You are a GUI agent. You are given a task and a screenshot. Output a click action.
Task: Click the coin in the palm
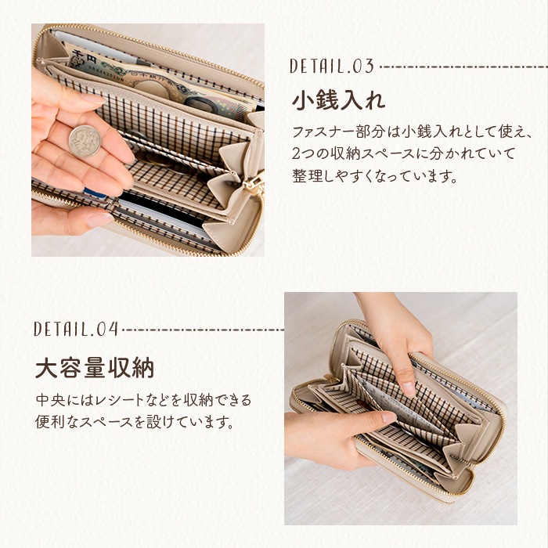coord(84,141)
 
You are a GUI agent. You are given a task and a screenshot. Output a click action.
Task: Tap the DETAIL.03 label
coord(332,67)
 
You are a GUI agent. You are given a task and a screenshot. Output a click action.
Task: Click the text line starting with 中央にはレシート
coord(143,401)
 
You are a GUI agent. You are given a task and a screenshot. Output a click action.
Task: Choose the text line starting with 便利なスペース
coord(135,424)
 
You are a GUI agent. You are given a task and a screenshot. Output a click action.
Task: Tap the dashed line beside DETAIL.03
coord(461,67)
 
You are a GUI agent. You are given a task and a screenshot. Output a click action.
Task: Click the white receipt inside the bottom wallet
coord(391,407)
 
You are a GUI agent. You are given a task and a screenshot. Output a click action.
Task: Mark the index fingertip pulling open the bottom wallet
coord(408,388)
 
